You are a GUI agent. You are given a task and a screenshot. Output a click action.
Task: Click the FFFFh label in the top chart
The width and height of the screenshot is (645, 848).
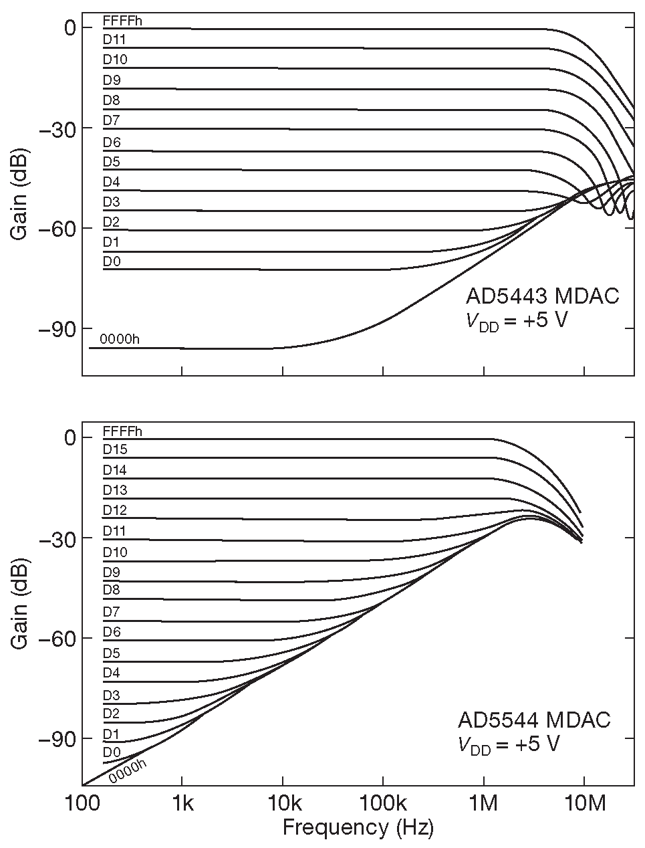pyautogui.click(x=122, y=21)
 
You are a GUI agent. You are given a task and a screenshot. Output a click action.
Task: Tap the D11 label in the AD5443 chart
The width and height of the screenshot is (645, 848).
pyautogui.click(x=114, y=39)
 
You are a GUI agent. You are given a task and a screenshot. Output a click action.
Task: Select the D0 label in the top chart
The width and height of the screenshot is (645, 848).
pyautogui.click(x=112, y=261)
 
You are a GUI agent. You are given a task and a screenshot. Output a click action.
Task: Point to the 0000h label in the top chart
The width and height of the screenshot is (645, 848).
pyautogui.click(x=120, y=339)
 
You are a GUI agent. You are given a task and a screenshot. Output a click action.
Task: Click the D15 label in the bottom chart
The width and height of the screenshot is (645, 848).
pyautogui.click(x=114, y=449)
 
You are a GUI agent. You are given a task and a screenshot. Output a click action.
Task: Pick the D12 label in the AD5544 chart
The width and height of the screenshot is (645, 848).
pyautogui.click(x=114, y=510)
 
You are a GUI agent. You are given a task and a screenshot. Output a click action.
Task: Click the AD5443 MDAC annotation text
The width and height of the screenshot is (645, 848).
pyautogui.click(x=542, y=296)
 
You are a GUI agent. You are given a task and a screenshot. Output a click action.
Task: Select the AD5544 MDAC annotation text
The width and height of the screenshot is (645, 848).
pyautogui.click(x=534, y=720)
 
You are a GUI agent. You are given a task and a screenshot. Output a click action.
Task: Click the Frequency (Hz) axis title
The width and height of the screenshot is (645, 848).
pyautogui.click(x=358, y=828)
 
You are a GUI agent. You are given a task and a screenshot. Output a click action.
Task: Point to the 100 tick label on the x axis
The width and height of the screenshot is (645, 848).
pyautogui.click(x=82, y=803)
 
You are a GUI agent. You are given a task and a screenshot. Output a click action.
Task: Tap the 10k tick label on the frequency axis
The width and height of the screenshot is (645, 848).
pyautogui.click(x=282, y=803)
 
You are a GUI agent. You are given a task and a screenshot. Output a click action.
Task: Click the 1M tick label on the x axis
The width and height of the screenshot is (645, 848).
pyautogui.click(x=483, y=803)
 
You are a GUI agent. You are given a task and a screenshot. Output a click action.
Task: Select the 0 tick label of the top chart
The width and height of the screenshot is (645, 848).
pyautogui.click(x=69, y=27)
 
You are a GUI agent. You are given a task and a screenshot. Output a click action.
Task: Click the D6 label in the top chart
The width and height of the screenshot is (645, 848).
pyautogui.click(x=112, y=142)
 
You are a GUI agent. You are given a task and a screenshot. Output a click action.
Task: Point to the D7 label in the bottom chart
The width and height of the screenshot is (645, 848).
pyautogui.click(x=112, y=611)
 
